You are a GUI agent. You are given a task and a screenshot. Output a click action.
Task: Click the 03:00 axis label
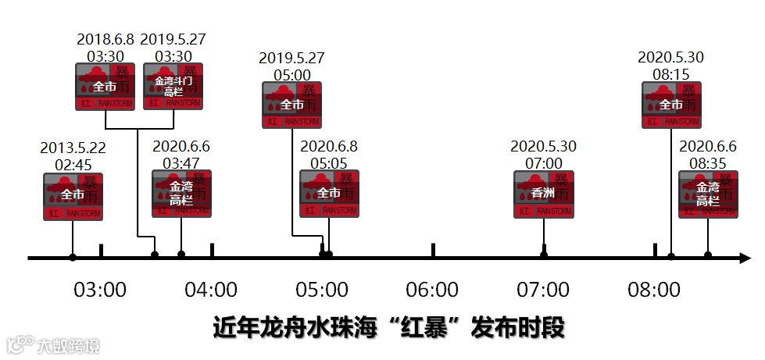(x=99, y=290)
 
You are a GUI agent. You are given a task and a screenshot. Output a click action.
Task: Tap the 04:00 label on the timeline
(x=211, y=290)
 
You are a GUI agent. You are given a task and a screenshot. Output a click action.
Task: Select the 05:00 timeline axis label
(x=322, y=290)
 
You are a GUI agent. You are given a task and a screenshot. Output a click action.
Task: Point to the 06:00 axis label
(x=432, y=290)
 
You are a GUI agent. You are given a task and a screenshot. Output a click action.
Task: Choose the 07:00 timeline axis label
(x=543, y=290)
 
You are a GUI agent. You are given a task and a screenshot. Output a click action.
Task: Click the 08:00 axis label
(x=654, y=290)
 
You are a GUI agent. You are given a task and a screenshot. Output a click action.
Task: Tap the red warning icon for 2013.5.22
(x=73, y=196)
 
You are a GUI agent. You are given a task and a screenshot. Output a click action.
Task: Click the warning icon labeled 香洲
(x=544, y=194)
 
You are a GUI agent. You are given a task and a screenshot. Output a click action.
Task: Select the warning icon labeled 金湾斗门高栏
(x=173, y=86)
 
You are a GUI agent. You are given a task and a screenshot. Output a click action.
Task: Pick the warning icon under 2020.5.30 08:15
(x=671, y=105)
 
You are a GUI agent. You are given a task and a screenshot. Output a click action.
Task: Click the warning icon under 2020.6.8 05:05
(x=329, y=194)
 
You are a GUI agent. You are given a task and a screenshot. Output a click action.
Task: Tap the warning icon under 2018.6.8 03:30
(x=105, y=86)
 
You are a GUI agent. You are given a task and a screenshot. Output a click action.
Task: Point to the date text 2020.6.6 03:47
(x=181, y=154)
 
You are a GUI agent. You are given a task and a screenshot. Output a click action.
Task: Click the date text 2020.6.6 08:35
(x=708, y=154)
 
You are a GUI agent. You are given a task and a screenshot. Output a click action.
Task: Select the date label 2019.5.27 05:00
(x=291, y=66)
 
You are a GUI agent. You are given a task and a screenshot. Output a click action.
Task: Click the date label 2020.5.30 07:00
(x=543, y=154)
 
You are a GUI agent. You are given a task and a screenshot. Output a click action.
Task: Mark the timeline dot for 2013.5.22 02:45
(x=73, y=256)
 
